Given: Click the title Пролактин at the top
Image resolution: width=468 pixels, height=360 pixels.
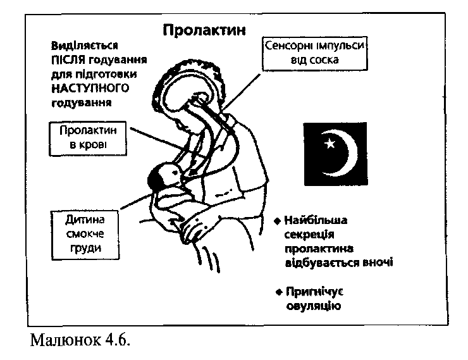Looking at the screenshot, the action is coord(204,30).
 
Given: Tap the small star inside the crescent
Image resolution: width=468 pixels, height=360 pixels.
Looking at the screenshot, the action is coord(329,144).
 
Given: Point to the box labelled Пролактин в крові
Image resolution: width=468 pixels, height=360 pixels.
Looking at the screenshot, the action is coord(88,139).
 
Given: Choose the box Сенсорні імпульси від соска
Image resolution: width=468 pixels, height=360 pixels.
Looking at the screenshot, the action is coord(314,53).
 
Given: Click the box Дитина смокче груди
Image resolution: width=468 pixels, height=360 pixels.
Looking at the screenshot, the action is coord(85,235).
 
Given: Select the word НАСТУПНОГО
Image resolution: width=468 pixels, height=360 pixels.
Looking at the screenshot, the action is coord(90,89).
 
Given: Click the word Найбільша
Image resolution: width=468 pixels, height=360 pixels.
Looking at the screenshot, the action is coord(316,220).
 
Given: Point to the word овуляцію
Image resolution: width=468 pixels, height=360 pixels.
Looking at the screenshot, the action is coord(314,306).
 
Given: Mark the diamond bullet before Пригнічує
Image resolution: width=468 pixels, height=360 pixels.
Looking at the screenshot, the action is coord(279,292).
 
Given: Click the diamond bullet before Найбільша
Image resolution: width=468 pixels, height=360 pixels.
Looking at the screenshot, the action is coord(278,221).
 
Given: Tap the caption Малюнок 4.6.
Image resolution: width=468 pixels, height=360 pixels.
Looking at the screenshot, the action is coord(80,340).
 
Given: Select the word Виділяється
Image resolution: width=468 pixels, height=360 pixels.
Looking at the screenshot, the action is coord(85,46).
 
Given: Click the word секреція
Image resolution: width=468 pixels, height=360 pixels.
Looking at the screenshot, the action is coord(309,235).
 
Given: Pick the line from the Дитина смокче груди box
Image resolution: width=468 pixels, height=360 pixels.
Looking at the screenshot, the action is coord(136,201).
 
